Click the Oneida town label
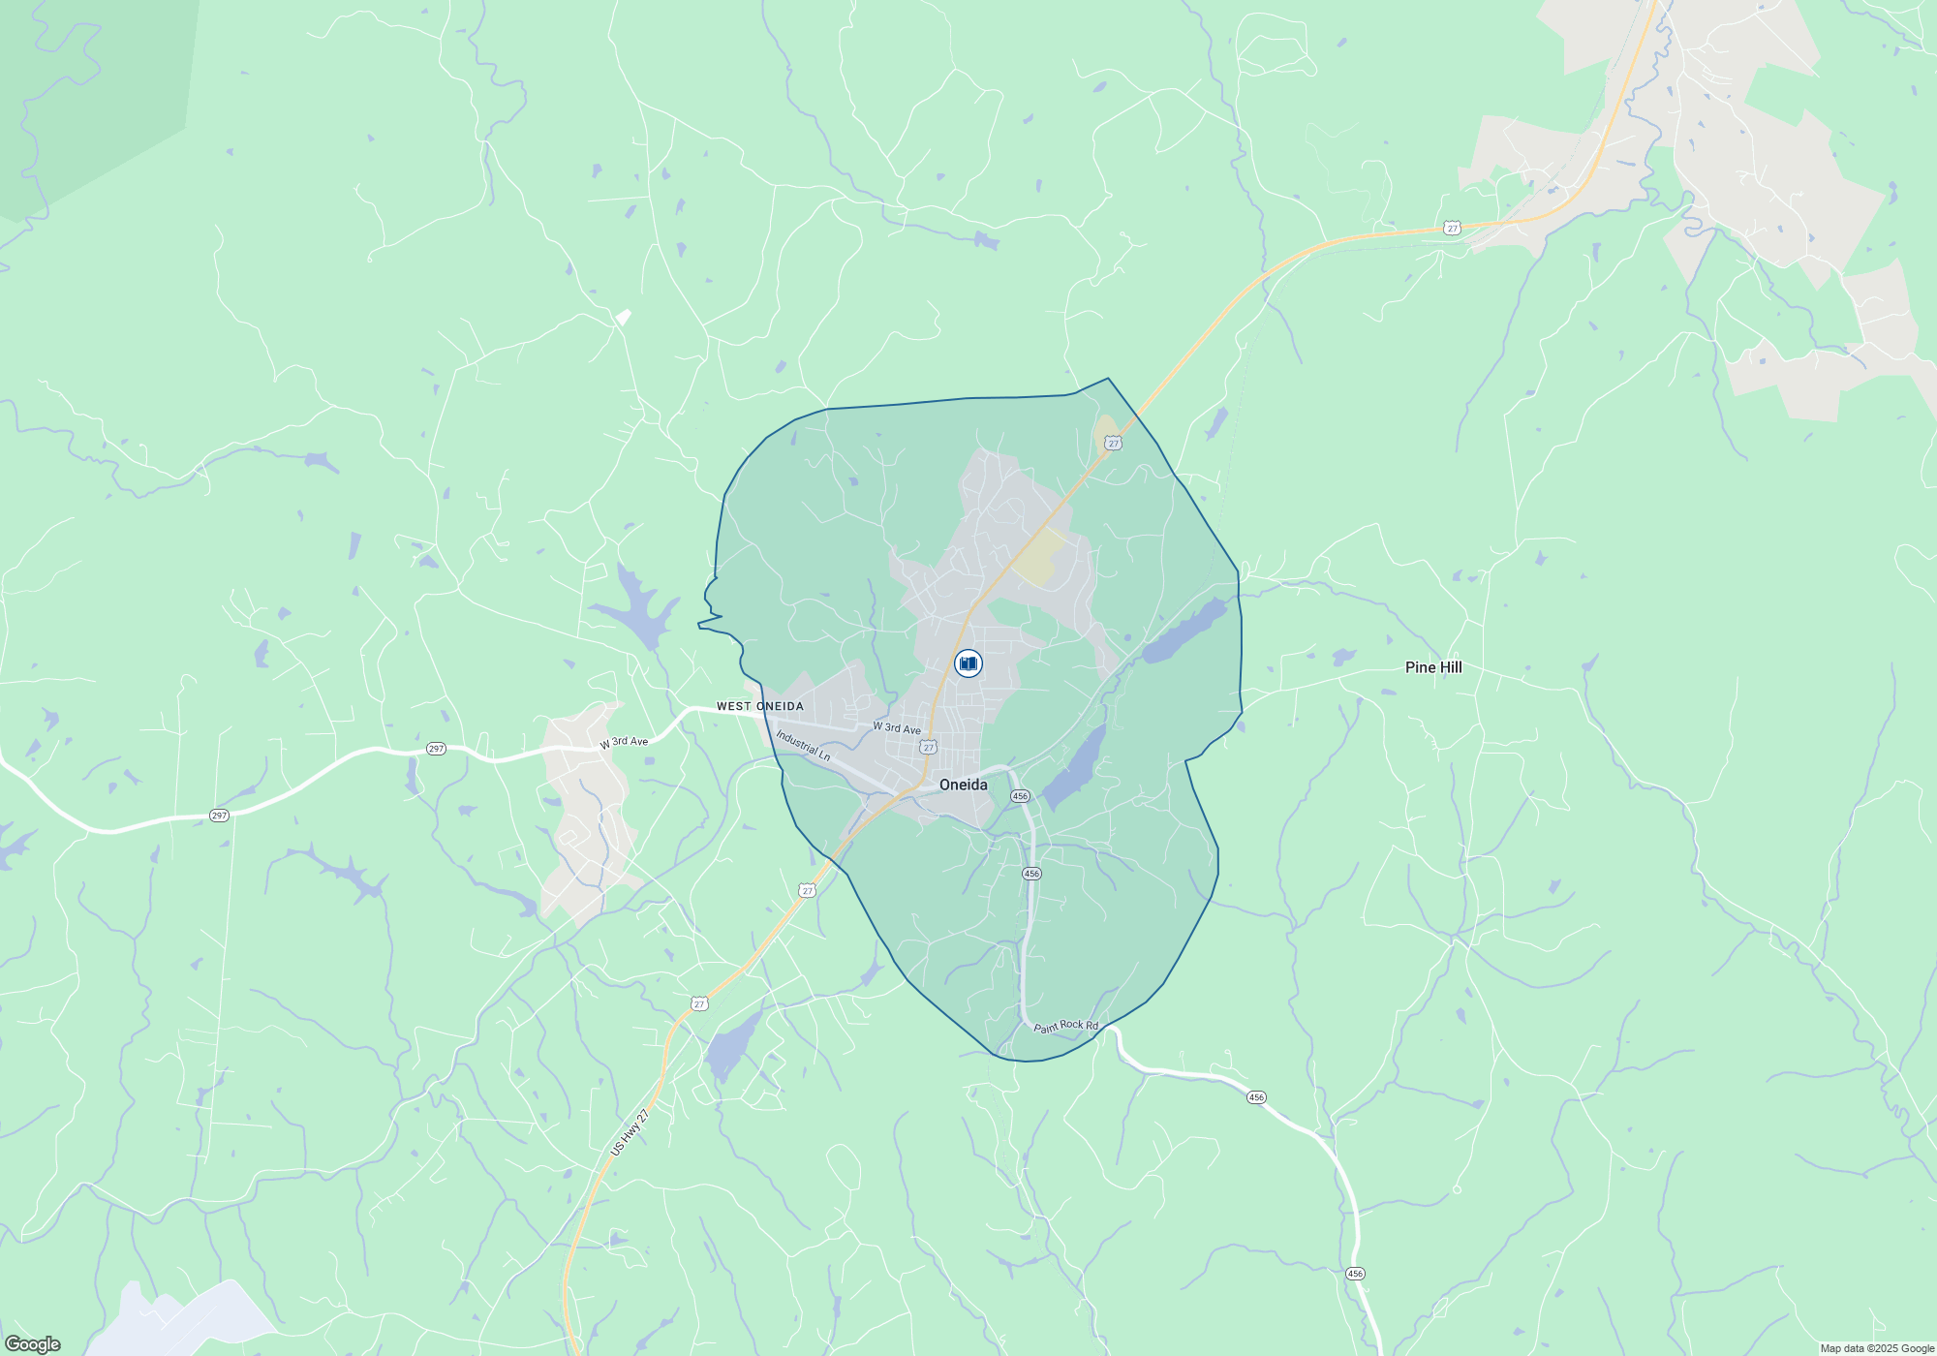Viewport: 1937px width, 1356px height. pyautogui.click(x=963, y=785)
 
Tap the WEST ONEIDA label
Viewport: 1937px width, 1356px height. pyautogui.click(x=759, y=706)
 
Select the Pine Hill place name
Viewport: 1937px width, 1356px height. pyautogui.click(x=1433, y=667)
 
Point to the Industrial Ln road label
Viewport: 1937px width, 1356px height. pyautogui.click(x=803, y=746)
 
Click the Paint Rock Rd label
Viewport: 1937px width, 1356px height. pyautogui.click(x=1065, y=1026)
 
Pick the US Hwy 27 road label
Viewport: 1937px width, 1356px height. pyautogui.click(x=630, y=1132)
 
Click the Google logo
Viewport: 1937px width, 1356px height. pyautogui.click(x=32, y=1344)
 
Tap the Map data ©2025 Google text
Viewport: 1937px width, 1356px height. pyautogui.click(x=1876, y=1348)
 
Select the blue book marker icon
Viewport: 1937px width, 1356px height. pyautogui.click(x=968, y=663)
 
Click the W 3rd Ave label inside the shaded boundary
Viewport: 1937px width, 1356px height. pyautogui.click(x=897, y=727)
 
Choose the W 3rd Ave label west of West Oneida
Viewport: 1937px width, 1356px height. pyautogui.click(x=624, y=742)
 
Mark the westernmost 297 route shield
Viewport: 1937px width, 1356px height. pyautogui.click(x=219, y=816)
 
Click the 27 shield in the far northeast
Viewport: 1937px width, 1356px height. pyautogui.click(x=1451, y=229)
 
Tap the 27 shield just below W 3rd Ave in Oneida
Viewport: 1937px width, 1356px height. pyautogui.click(x=929, y=748)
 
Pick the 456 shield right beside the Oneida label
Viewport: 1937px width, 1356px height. pyautogui.click(x=1020, y=796)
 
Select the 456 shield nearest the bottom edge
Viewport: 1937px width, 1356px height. pyautogui.click(x=1355, y=1274)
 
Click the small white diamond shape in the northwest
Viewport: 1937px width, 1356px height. pyautogui.click(x=624, y=317)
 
